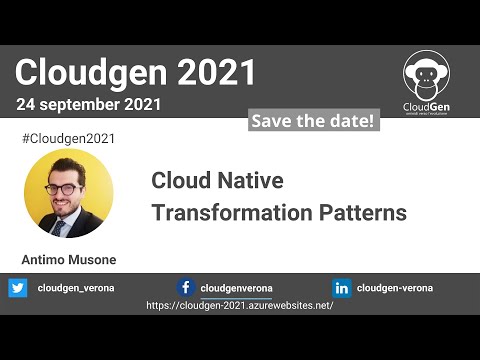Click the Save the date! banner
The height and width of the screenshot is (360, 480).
tap(312, 121)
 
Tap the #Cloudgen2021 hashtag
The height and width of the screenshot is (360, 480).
tap(67, 138)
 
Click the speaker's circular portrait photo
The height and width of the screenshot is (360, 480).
tap(68, 193)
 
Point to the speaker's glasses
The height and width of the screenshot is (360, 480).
tap(65, 188)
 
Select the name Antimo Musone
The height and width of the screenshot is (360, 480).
tap(69, 260)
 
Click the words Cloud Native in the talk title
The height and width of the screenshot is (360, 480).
tap(217, 181)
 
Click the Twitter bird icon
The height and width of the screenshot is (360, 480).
tap(18, 288)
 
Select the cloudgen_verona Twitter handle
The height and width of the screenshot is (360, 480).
tap(76, 288)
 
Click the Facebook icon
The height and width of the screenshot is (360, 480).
tap(186, 288)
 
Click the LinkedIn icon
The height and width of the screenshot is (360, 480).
tap(342, 288)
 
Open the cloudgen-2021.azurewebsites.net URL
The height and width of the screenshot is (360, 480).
tap(240, 305)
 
